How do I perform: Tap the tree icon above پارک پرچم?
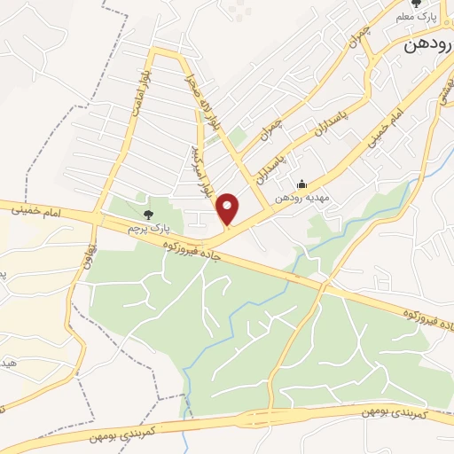(148, 214)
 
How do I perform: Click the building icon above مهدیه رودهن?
(302, 184)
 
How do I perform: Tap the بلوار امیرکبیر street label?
(206, 168)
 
